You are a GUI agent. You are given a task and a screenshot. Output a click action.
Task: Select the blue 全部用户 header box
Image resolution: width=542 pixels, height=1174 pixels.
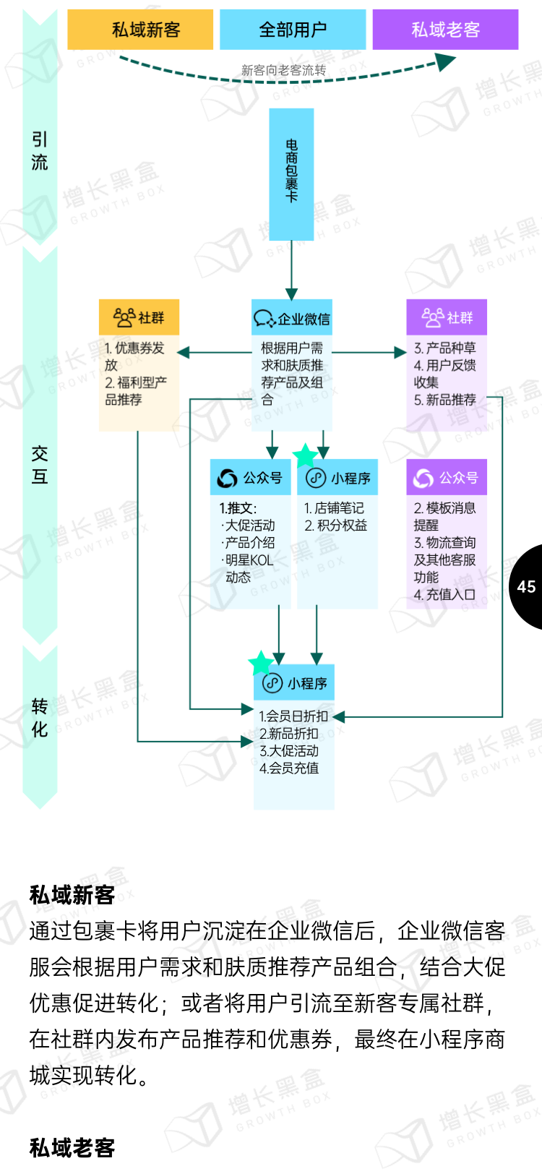click(293, 30)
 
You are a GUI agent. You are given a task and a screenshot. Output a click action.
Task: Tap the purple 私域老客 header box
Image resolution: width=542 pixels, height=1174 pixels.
click(445, 30)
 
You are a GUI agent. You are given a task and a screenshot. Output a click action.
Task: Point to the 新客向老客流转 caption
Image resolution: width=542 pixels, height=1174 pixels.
click(283, 70)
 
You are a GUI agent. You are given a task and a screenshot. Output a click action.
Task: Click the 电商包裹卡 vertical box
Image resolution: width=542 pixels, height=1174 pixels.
click(291, 173)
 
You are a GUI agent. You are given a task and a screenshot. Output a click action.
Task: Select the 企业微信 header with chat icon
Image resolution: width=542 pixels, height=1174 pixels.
click(292, 318)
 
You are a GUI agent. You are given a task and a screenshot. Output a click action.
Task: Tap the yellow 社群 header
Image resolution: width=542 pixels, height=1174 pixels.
click(139, 317)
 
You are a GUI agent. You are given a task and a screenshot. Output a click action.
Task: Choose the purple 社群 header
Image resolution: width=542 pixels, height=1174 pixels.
click(447, 317)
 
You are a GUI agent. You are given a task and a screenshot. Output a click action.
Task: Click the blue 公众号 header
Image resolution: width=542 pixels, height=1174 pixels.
click(250, 478)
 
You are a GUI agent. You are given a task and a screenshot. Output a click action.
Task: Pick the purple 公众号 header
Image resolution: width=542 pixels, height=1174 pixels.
click(447, 478)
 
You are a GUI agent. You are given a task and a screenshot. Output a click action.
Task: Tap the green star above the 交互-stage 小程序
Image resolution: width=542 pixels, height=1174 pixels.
click(306, 455)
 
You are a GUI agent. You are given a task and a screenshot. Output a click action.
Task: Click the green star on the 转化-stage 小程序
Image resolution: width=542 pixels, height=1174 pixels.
click(260, 662)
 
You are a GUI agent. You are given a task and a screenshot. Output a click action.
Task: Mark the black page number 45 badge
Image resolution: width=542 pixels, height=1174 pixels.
click(527, 586)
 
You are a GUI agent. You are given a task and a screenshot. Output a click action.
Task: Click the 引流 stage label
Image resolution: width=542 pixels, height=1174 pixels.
click(40, 150)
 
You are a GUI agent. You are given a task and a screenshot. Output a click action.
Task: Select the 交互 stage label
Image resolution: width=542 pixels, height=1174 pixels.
click(40, 465)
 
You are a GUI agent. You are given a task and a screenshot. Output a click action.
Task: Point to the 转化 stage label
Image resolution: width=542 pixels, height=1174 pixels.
click(40, 717)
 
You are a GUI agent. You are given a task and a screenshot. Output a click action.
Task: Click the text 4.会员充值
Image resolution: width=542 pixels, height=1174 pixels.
click(289, 768)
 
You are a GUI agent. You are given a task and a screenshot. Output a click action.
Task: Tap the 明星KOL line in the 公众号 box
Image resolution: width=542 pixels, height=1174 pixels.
click(249, 560)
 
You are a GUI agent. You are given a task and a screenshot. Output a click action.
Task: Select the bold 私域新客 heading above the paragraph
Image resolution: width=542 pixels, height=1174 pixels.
click(72, 895)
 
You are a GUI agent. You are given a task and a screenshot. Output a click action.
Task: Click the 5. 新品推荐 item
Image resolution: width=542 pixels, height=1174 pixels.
click(445, 400)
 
